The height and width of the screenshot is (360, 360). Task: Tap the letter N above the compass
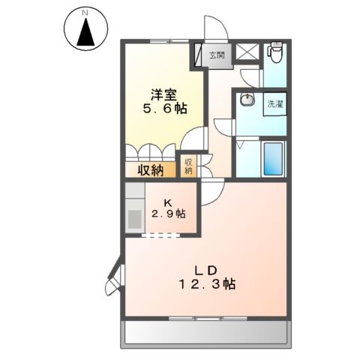(85, 12)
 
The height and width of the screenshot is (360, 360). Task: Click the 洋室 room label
(165, 94)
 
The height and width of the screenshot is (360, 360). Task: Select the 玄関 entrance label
(217, 55)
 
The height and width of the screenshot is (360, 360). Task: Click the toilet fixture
(274, 52)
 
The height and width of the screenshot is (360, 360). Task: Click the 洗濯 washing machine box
(274, 104)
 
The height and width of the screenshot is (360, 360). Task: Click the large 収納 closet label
(150, 170)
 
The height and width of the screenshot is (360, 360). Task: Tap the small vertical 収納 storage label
(188, 165)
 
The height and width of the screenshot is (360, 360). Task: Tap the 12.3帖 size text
(208, 286)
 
